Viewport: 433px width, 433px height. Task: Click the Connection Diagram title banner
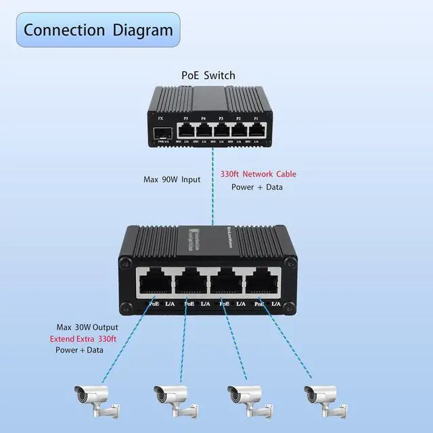(99, 30)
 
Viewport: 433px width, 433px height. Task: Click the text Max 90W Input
(171, 180)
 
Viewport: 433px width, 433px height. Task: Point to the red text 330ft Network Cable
(258, 174)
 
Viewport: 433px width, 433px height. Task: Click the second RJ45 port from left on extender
(192, 281)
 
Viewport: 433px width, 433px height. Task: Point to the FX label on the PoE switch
(160, 118)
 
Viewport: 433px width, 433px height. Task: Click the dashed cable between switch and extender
(213, 189)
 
